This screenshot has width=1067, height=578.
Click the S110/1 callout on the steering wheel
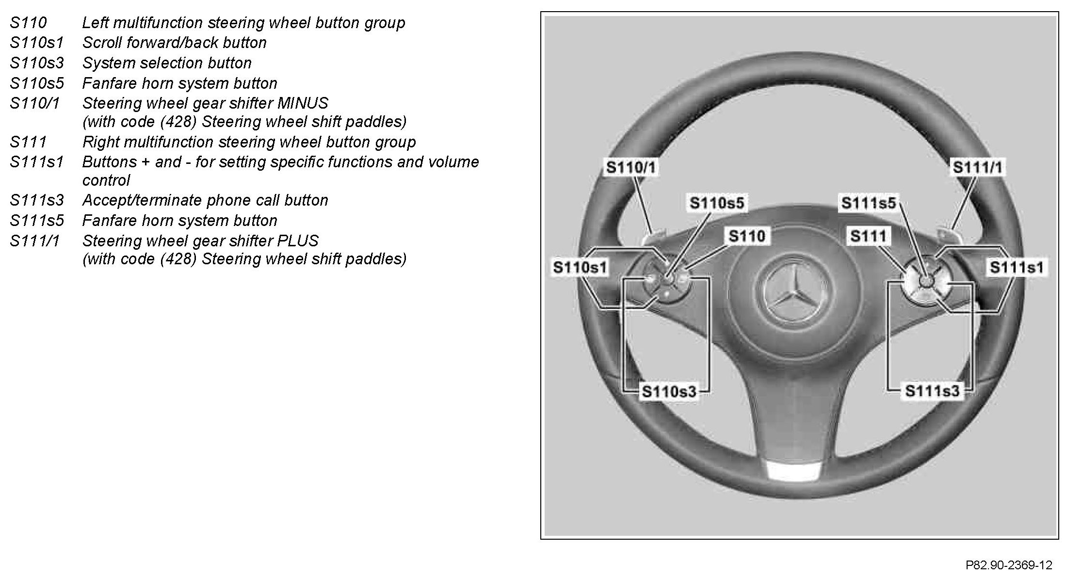click(x=630, y=167)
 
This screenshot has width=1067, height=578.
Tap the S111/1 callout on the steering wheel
click(x=977, y=167)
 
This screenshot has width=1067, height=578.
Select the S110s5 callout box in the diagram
click(x=716, y=203)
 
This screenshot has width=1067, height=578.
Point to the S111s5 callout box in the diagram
click(x=868, y=203)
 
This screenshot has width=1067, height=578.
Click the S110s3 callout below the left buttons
click(x=669, y=391)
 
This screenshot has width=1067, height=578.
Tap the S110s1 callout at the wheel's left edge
click(x=580, y=267)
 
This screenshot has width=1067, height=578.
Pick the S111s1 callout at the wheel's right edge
click(x=1017, y=267)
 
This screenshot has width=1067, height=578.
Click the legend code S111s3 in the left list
click(x=37, y=200)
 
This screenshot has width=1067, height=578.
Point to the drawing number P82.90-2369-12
click(x=1008, y=565)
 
